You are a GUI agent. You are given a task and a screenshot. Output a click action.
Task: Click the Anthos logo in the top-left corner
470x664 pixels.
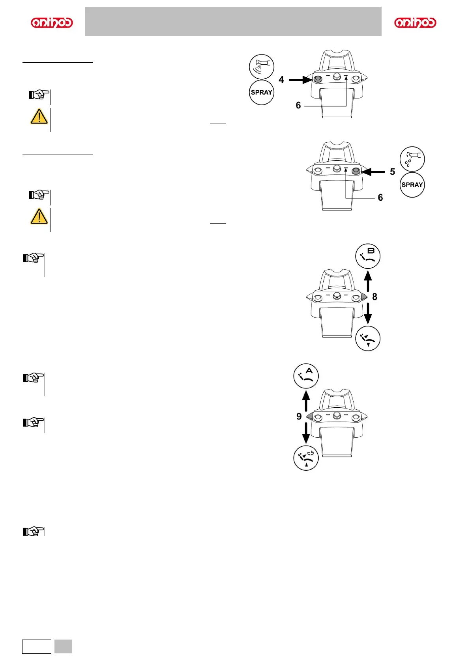[x=52, y=22]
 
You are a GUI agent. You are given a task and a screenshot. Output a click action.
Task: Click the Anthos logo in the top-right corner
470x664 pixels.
[x=415, y=22]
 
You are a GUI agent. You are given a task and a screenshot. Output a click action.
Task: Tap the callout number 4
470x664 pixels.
[x=281, y=80]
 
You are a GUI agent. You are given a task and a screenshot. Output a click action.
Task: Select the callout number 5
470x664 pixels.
[x=392, y=172]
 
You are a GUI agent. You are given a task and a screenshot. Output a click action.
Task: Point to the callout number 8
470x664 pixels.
[x=375, y=297]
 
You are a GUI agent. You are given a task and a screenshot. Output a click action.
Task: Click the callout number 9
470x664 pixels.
[x=299, y=416]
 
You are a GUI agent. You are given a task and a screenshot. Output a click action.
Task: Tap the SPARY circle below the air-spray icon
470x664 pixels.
[x=261, y=93]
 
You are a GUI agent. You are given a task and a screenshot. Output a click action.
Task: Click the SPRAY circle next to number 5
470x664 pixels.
[x=412, y=185]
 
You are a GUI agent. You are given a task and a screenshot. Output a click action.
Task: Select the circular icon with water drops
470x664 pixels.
[x=412, y=159]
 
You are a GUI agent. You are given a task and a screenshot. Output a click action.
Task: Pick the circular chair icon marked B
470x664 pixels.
[x=368, y=256]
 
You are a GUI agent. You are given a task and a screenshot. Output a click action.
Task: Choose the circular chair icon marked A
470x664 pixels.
[x=306, y=376]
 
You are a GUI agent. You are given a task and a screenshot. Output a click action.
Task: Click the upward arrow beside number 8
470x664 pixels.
[x=368, y=281]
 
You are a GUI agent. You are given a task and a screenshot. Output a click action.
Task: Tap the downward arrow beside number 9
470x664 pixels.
[x=306, y=433]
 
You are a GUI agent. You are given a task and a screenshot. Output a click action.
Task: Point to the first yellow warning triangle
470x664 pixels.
[x=39, y=117]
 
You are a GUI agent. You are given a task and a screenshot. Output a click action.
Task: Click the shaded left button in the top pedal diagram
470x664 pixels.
[x=318, y=79]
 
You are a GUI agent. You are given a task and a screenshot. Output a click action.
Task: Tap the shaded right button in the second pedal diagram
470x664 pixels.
[x=356, y=171]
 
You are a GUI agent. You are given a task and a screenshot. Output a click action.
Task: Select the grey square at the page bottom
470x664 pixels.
[x=63, y=646]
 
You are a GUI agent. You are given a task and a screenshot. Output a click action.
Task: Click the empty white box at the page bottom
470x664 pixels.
[x=37, y=646]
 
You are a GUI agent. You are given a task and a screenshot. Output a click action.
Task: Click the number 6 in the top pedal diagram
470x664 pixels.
[x=298, y=105]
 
